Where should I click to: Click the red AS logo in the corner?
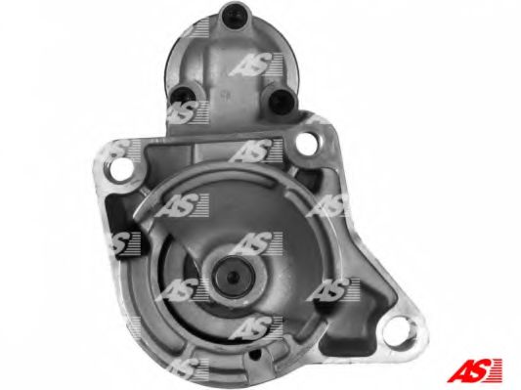[474, 369]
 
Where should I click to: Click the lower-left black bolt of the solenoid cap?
[183, 94]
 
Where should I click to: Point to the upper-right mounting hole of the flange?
[307, 144]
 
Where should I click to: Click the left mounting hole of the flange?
[120, 170]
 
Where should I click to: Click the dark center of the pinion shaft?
[234, 275]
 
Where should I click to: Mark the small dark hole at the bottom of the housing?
[254, 355]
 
